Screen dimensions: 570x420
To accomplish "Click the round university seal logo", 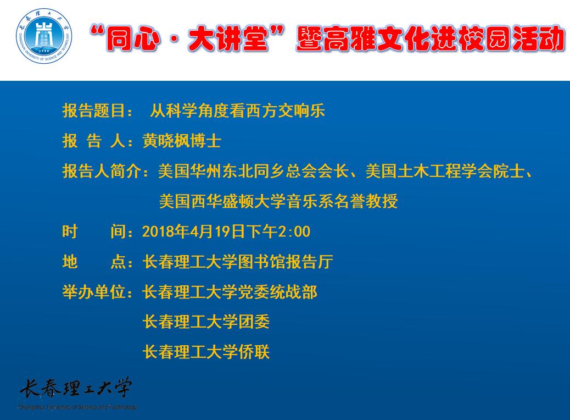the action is pyautogui.click(x=44, y=36).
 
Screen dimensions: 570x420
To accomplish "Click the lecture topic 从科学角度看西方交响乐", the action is pyautogui.click(x=237, y=110).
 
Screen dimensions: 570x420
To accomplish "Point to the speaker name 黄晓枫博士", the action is pyautogui.click(x=182, y=141).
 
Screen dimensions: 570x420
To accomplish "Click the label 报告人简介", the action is pyautogui.click(x=102, y=171).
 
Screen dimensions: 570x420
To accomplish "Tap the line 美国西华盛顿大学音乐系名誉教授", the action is pyautogui.click(x=278, y=201).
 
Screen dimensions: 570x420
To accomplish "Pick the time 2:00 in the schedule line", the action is pyautogui.click(x=294, y=231).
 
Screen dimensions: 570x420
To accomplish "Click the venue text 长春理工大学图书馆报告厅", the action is pyautogui.click(x=238, y=262).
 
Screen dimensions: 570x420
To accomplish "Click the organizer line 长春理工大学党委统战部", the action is pyautogui.click(x=230, y=292).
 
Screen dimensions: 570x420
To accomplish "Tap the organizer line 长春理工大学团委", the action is pyautogui.click(x=206, y=322).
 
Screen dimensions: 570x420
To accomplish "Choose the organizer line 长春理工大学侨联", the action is pyautogui.click(x=206, y=352).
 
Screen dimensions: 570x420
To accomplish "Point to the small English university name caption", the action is pyautogui.click(x=77, y=407).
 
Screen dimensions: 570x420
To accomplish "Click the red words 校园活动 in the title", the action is pyautogui.click(x=513, y=38).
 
